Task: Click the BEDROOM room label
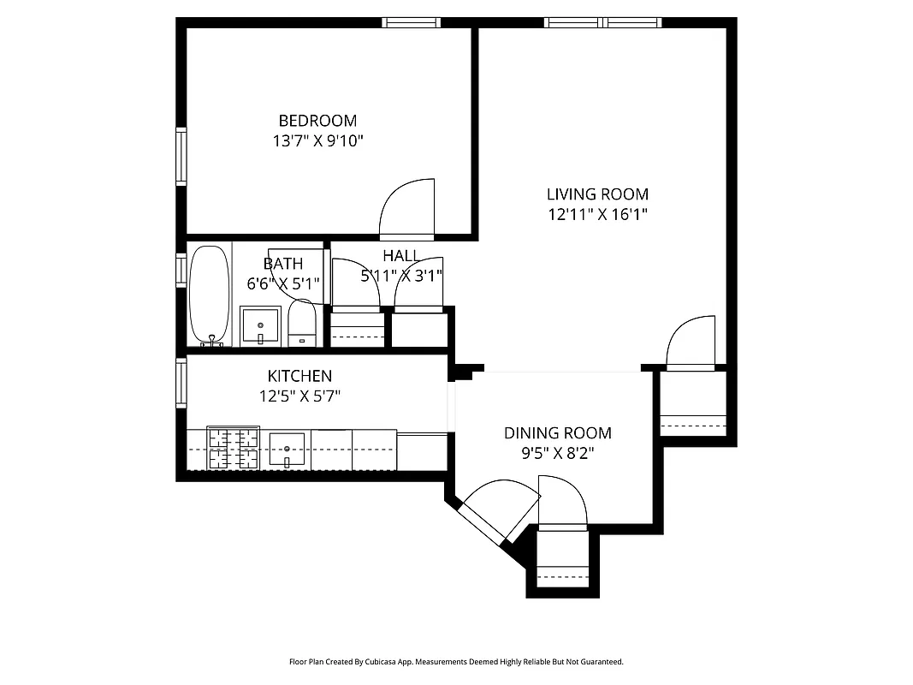point(317,121)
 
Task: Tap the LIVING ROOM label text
point(597,194)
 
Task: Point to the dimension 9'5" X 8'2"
point(557,454)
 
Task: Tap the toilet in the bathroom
point(301,324)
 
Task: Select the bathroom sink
point(260,326)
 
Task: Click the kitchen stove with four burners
point(233,449)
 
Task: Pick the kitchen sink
point(287,449)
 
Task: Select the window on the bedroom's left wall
point(181,156)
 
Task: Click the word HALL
point(400,256)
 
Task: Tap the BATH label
point(282,264)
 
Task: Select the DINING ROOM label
point(557,433)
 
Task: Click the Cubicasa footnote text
point(456,662)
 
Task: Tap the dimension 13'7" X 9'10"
point(317,141)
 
